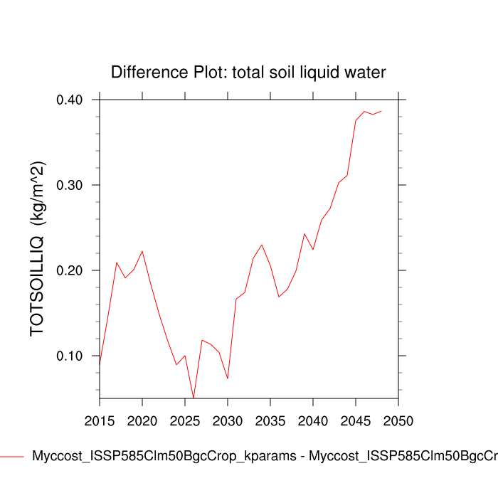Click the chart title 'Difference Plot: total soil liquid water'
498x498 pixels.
click(x=248, y=72)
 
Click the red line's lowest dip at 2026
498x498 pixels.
click(x=194, y=397)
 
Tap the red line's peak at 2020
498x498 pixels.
click(x=142, y=251)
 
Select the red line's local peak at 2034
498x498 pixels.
click(x=262, y=245)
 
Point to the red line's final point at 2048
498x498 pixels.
click(x=381, y=111)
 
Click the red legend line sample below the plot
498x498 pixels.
click(x=12, y=456)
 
